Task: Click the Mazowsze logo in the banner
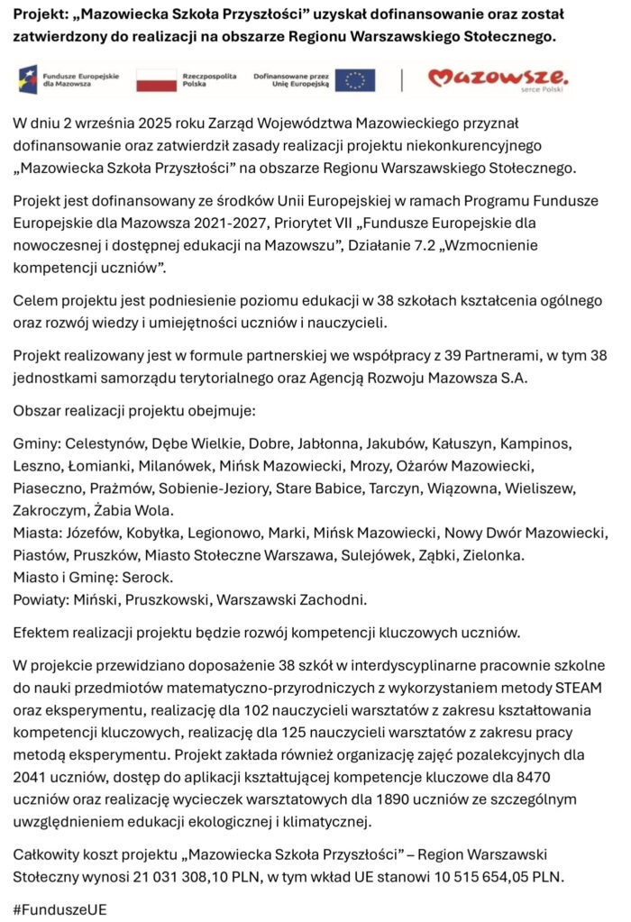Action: [498, 78]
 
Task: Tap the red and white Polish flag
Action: [156, 79]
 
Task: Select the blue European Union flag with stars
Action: [355, 79]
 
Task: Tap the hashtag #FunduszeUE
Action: [60, 909]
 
